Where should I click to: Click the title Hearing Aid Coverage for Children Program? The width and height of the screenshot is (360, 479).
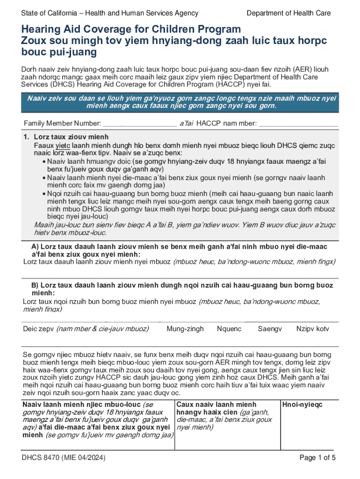[131, 29]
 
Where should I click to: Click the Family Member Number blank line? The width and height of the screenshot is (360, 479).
[139, 124]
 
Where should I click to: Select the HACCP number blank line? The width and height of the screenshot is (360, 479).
[298, 124]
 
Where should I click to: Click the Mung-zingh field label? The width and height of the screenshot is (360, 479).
[185, 329]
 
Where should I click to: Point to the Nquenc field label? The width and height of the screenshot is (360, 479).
[229, 329]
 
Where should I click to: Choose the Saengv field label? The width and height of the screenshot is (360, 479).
[270, 329]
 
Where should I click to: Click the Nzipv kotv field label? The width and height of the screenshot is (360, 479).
[312, 329]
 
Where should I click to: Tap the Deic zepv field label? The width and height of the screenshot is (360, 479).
[40, 329]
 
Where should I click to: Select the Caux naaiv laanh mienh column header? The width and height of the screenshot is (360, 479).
[216, 405]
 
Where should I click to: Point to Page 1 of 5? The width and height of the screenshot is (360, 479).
[317, 458]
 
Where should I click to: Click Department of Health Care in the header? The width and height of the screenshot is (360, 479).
[288, 13]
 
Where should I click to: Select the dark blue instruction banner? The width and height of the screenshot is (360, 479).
[180, 102]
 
